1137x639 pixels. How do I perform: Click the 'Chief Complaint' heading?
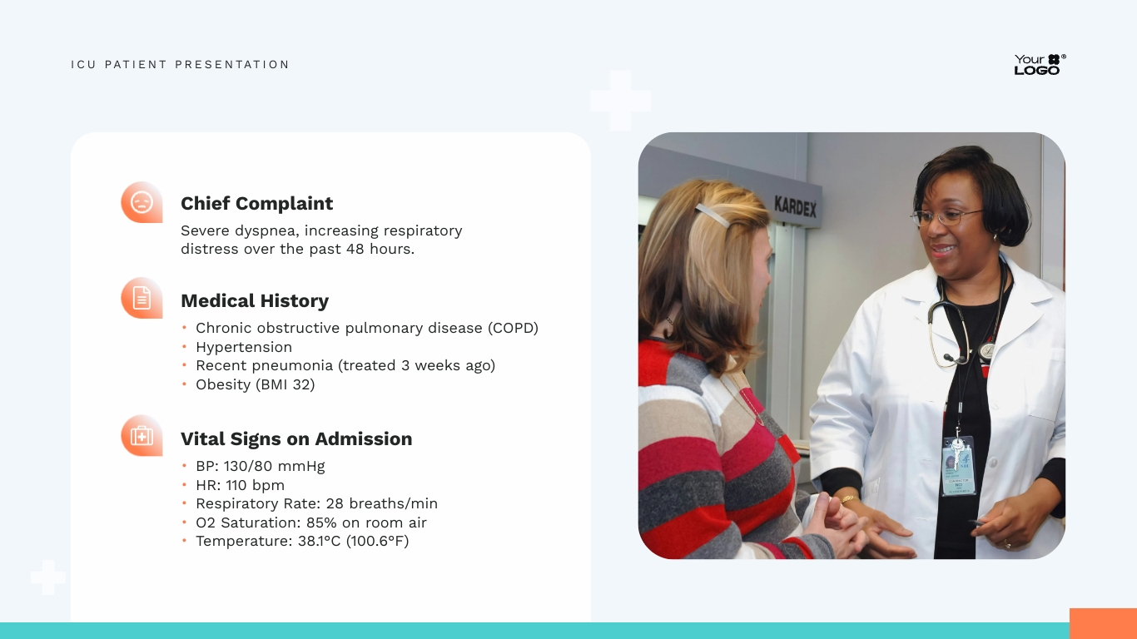coord(256,204)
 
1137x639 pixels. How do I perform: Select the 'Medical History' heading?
coord(254,301)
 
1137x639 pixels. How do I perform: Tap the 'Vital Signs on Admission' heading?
coord(295,439)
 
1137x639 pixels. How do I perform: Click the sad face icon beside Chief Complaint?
coord(142,202)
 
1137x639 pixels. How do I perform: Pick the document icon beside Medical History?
coord(142,298)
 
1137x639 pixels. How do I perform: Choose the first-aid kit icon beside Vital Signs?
coord(142,435)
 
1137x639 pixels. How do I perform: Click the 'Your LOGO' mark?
coord(1039,65)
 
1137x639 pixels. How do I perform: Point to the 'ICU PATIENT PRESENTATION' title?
coord(180,65)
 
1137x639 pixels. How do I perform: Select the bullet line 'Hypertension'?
coord(243,347)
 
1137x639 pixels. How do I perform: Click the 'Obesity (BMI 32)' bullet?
coord(255,384)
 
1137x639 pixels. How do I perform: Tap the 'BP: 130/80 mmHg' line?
coord(260,466)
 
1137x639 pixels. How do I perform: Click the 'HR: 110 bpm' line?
coord(240,485)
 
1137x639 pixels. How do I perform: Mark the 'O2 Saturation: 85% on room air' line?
coord(310,523)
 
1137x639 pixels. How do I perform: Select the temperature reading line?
coord(301,542)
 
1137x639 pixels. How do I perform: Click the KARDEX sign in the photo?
coord(795,206)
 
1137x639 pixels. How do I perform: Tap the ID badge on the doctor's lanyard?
coord(957,466)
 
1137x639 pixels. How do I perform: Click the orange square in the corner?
coord(1102,623)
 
